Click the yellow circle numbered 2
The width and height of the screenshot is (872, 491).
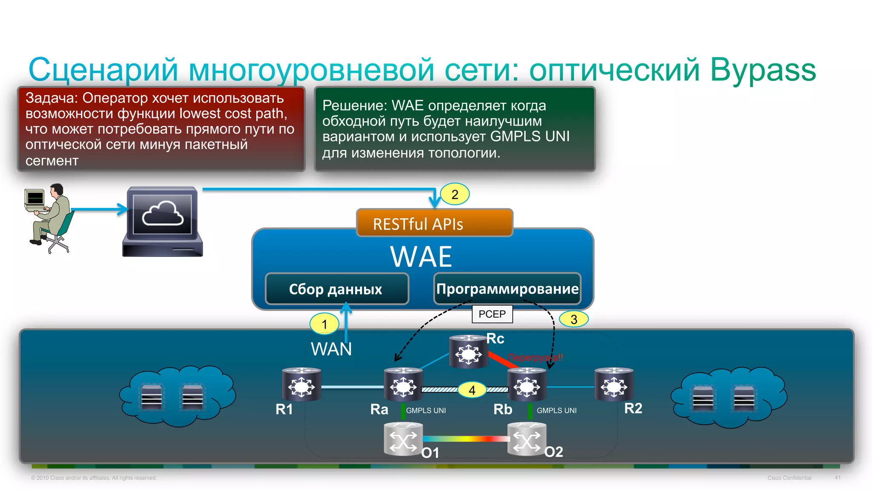(x=455, y=195)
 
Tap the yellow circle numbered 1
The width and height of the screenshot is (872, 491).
(x=324, y=324)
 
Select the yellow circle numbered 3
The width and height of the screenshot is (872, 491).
(x=574, y=319)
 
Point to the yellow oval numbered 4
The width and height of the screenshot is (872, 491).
(x=472, y=390)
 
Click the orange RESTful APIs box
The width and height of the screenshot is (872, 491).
(x=434, y=223)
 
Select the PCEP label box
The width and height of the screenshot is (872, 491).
(x=492, y=314)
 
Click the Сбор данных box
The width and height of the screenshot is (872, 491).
(x=336, y=289)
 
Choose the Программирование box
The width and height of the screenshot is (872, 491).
(x=507, y=289)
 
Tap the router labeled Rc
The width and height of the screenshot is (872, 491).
(x=468, y=352)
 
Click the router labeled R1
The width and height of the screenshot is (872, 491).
(x=301, y=385)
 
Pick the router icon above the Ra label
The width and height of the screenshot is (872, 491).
(x=403, y=385)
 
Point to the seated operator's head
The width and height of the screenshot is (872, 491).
(x=57, y=190)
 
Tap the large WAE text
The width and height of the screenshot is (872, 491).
(x=421, y=257)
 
